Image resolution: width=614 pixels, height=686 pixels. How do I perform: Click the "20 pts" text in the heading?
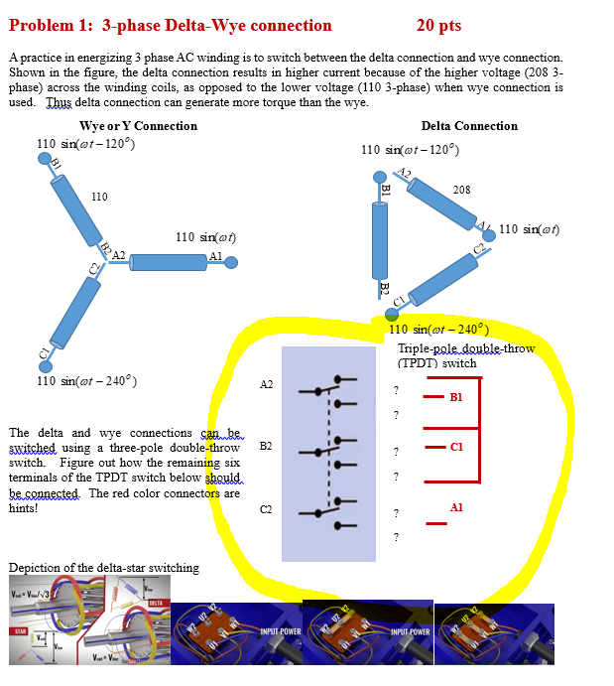coord(437,25)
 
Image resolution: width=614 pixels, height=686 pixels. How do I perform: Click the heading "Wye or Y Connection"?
coord(138,126)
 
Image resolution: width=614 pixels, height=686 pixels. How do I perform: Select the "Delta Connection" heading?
coord(469,126)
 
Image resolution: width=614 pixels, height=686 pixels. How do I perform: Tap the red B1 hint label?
coord(455,397)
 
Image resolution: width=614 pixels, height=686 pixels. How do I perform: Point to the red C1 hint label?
coord(455,446)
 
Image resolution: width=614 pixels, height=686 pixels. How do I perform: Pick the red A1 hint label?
coord(455,507)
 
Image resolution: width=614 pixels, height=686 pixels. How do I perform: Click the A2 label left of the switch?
coord(266,384)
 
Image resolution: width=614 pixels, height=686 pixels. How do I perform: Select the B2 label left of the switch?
coord(266,447)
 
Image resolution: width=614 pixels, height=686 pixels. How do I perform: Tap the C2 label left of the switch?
coord(266,510)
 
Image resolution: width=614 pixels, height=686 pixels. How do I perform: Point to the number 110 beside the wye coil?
coord(99,197)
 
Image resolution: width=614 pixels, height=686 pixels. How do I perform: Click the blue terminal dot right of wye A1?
coord(231,263)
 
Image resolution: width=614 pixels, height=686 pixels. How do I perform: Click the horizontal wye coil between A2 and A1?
coord(168,262)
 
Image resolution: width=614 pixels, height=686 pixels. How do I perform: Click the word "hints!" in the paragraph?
coord(24,507)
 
